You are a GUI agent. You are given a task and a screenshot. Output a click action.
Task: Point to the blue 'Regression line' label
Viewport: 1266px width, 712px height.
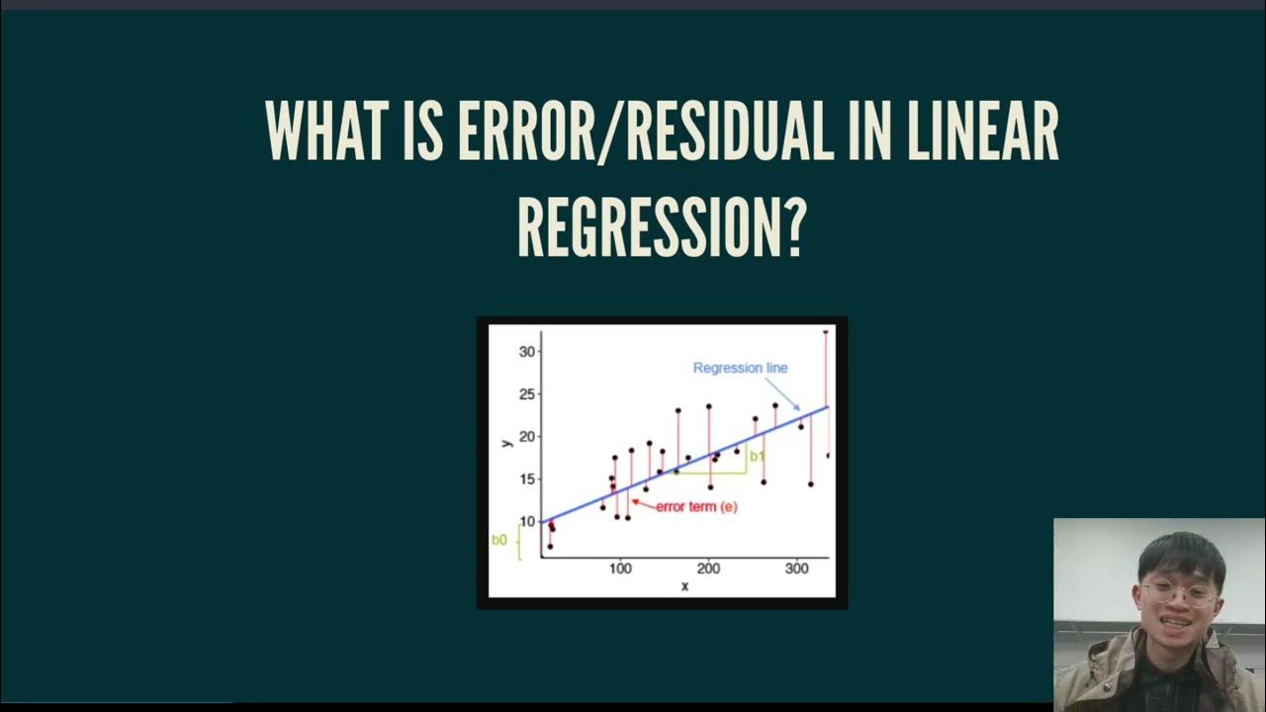pyautogui.click(x=740, y=368)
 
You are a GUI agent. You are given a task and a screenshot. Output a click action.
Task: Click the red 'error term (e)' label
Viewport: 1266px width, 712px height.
pyautogui.click(x=696, y=506)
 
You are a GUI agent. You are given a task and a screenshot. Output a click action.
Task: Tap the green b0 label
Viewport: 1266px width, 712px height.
pyautogui.click(x=498, y=540)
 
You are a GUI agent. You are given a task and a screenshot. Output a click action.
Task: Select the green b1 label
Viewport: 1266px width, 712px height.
pyautogui.click(x=757, y=456)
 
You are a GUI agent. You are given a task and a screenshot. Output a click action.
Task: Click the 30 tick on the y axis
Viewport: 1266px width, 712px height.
pyautogui.click(x=526, y=352)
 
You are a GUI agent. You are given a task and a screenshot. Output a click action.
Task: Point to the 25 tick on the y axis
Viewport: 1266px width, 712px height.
pyautogui.click(x=526, y=395)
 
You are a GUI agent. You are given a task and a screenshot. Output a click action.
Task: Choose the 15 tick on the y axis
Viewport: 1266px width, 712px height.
pyautogui.click(x=526, y=480)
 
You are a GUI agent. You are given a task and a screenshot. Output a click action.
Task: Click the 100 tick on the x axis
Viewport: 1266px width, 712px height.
pyautogui.click(x=620, y=569)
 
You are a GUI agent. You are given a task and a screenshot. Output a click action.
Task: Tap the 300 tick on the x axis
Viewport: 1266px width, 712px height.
pyautogui.click(x=796, y=569)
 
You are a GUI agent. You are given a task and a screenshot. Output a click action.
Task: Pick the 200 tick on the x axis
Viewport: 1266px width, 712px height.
pyautogui.click(x=708, y=569)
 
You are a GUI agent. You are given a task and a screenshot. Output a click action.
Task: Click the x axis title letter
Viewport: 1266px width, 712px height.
pyautogui.click(x=684, y=586)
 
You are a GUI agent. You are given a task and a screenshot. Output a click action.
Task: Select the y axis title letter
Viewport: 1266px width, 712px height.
pyautogui.click(x=506, y=442)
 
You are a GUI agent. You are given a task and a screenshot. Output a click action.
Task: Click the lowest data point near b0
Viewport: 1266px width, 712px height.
pyautogui.click(x=550, y=546)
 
